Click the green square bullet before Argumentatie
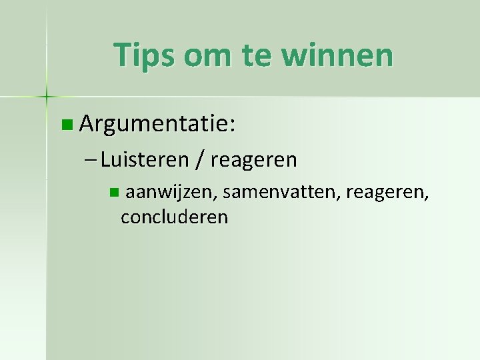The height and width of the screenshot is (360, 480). [x=65, y=124]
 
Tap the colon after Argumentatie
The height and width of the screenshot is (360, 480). [x=233, y=125]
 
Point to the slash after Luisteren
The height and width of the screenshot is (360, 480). [x=200, y=161]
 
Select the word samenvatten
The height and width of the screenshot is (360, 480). [x=279, y=193]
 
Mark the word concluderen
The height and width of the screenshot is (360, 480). [x=175, y=217]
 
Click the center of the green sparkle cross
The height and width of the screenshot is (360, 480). [x=47, y=97]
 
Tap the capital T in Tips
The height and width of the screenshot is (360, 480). [x=121, y=55]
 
